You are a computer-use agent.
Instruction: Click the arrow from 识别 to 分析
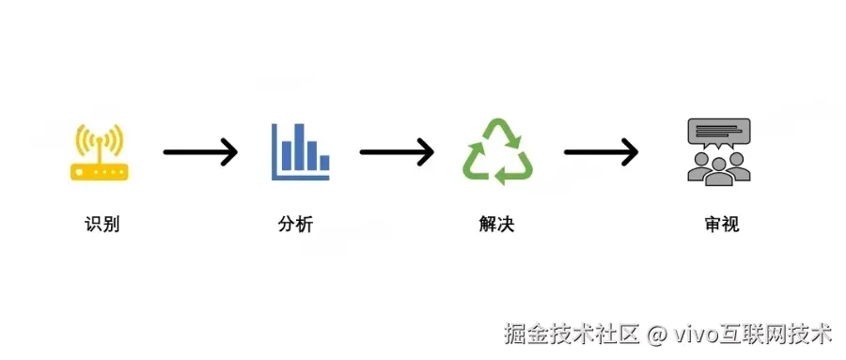click(200, 151)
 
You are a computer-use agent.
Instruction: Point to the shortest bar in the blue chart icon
click(324, 164)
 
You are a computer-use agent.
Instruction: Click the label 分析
click(295, 225)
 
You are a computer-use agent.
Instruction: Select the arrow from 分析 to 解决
click(396, 151)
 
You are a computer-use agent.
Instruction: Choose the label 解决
click(496, 225)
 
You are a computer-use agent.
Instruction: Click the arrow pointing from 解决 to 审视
click(601, 151)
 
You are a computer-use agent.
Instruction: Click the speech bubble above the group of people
click(719, 132)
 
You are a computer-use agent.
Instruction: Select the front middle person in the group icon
click(719, 168)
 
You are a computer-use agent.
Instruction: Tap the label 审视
click(719, 225)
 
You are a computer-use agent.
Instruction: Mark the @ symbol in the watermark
click(657, 334)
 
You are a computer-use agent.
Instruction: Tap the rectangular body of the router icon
click(99, 171)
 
